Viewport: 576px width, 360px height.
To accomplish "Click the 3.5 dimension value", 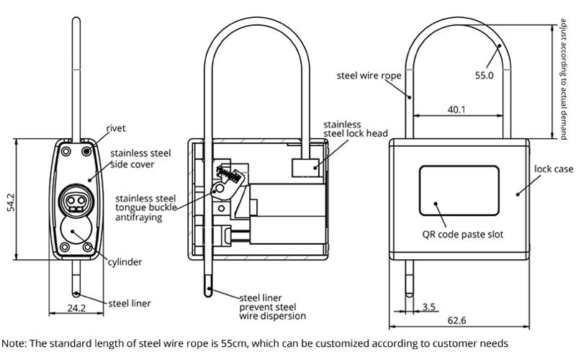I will pos(429,307).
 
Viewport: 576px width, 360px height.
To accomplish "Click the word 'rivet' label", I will pos(116,128).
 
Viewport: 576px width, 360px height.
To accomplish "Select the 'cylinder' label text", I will pos(125,262).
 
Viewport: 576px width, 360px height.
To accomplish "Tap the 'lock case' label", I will pos(553,169).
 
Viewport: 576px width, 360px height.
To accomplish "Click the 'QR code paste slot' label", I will pos(462,234).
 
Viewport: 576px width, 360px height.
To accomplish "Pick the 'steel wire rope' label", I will pos(367,74).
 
